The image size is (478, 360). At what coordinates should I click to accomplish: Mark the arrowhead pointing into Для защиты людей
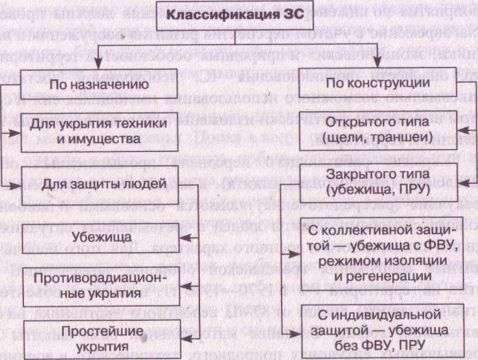point(13,184)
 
